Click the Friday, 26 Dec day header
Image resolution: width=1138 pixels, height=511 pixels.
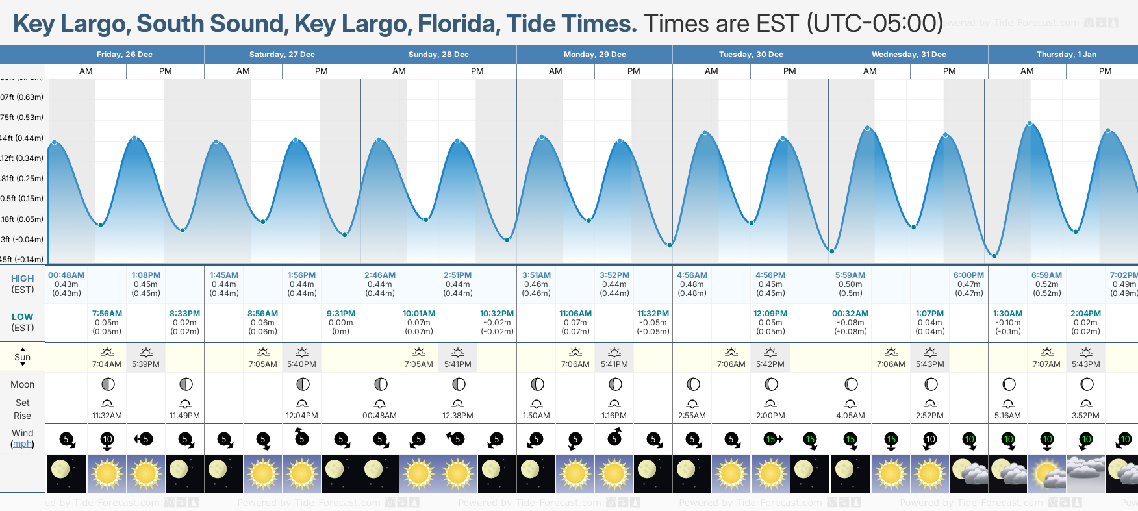click(124, 55)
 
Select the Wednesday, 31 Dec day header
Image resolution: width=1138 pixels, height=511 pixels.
click(908, 55)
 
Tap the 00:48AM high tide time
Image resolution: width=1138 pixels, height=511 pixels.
click(66, 275)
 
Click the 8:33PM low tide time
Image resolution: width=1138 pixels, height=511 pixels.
click(184, 314)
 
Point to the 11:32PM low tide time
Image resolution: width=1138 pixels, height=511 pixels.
click(653, 314)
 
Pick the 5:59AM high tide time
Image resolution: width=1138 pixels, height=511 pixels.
click(850, 275)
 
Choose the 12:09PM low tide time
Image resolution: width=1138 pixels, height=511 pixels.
click(770, 314)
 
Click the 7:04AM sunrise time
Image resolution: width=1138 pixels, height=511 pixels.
click(107, 364)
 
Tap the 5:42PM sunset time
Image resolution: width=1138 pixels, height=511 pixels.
click(770, 364)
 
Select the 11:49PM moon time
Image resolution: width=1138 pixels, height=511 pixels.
click(184, 416)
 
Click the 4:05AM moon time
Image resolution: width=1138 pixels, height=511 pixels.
click(850, 416)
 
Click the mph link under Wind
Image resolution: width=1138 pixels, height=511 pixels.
click(22, 444)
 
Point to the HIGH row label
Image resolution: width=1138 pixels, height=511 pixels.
click(22, 279)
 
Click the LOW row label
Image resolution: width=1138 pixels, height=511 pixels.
click(22, 317)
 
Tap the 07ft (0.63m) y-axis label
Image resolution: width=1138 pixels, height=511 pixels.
click(22, 97)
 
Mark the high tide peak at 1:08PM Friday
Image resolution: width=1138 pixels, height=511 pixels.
click(134, 138)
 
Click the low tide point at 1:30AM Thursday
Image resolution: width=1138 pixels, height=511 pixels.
click(994, 256)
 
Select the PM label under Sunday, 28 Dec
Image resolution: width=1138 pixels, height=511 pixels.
click(477, 71)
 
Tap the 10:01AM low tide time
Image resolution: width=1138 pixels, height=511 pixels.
click(419, 314)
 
